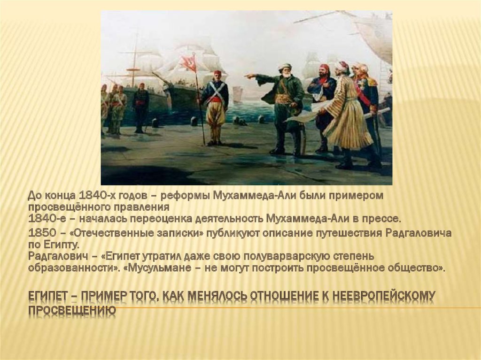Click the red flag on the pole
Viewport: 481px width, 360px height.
(189, 63)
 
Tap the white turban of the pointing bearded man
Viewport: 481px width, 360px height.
(284, 66)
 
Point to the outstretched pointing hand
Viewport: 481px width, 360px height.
(249, 75)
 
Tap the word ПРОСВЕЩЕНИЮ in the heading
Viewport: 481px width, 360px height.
(72, 311)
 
